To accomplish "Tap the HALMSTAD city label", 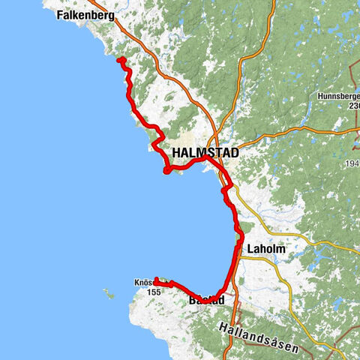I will pyautogui.click(x=205, y=153).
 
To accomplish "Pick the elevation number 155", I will pyautogui.click(x=154, y=292).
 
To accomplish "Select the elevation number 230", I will pyautogui.click(x=353, y=106).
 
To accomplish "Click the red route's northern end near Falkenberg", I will pyautogui.click(x=119, y=59).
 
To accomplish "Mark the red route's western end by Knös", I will pyautogui.click(x=155, y=282).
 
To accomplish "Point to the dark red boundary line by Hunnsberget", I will pyautogui.click(x=355, y=82).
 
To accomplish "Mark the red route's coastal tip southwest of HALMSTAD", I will pyautogui.click(x=164, y=171).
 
